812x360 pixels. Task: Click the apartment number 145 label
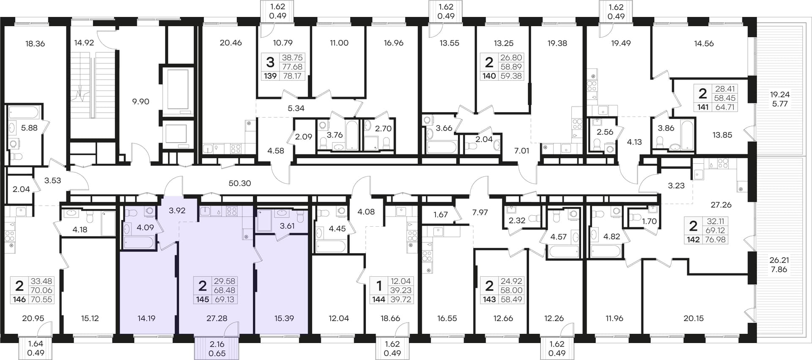click(203, 300)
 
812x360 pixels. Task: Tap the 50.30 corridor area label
click(240, 183)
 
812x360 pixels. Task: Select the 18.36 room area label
click(35, 44)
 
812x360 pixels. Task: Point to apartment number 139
click(270, 76)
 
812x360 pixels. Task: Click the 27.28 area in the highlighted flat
click(217, 318)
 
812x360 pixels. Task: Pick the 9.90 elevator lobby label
click(141, 102)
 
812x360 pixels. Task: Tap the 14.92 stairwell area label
click(84, 42)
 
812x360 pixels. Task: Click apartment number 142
click(693, 239)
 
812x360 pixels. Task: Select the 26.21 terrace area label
click(779, 260)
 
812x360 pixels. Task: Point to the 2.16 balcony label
click(217, 344)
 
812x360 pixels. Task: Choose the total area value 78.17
click(292, 76)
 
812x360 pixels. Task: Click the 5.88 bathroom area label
click(29, 128)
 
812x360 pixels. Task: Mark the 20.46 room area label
click(231, 42)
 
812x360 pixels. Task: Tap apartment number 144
click(379, 300)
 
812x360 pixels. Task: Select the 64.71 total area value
click(725, 107)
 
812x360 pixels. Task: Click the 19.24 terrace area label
click(780, 94)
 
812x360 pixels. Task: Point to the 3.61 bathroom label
click(287, 226)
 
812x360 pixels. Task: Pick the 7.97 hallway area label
click(480, 212)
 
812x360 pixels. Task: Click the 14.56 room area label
click(704, 43)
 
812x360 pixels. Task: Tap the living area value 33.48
click(41, 281)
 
